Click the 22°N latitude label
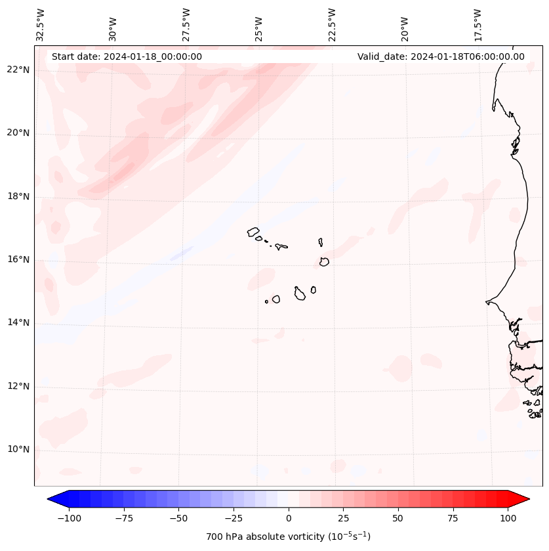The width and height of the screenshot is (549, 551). pos(18,70)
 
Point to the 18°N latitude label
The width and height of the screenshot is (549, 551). pos(18,196)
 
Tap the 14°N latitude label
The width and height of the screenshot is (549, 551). pos(18,323)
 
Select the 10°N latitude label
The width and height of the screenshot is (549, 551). pos(18,450)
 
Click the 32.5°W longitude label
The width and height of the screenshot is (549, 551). pos(41,25)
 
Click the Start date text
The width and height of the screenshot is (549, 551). pos(127,56)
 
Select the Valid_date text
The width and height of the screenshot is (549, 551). pos(441,56)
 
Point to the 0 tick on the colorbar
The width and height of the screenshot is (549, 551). pos(289,518)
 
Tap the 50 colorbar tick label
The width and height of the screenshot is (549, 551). pos(398,518)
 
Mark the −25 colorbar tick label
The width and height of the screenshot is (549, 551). pos(234,518)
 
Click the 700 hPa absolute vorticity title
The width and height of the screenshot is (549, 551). pos(289,537)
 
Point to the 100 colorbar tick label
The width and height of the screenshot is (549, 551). pos(508,518)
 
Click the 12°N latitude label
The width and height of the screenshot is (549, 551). pos(18,386)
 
